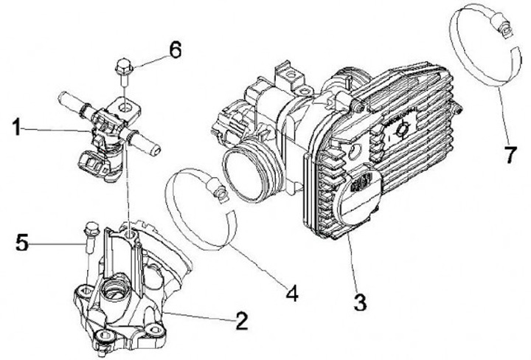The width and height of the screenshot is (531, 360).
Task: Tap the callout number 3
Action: click(359, 301)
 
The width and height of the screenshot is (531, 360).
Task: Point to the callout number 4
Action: click(291, 294)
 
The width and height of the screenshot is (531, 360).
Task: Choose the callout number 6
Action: click(174, 51)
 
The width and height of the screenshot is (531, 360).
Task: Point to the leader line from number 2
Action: click(199, 317)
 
